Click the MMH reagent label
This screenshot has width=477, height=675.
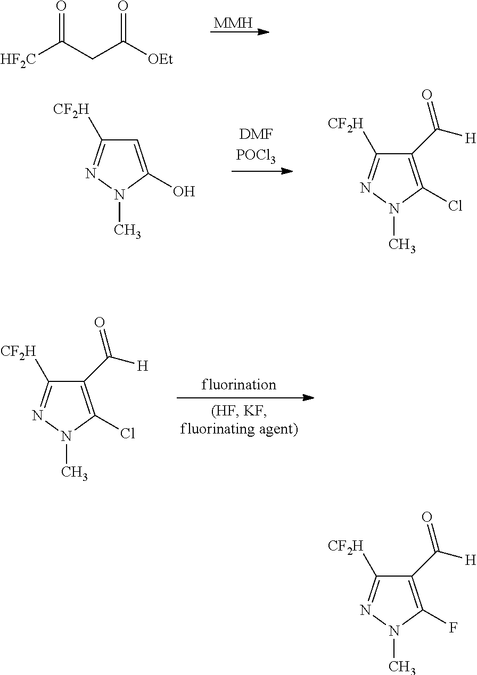pos(233,23)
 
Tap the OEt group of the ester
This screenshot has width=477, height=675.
pos(160,60)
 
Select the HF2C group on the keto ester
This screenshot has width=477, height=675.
pos(19,60)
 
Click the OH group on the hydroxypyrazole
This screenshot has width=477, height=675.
pos(184,191)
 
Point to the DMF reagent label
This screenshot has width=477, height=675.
pos(256,134)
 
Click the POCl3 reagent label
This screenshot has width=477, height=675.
pos(256,156)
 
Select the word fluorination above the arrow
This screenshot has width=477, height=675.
pos(239,385)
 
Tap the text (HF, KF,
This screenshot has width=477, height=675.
pos(239,411)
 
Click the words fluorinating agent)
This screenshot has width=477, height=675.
pos(239,429)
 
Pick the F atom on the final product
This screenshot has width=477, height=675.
pos(453,628)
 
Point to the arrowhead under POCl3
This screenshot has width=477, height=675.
pos(287,171)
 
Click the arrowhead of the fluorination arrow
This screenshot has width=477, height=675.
pos(308,398)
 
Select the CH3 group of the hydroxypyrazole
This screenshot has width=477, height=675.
pos(127,231)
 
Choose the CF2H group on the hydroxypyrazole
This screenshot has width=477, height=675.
pos(71,110)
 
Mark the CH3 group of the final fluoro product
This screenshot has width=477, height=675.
pos(402,666)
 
